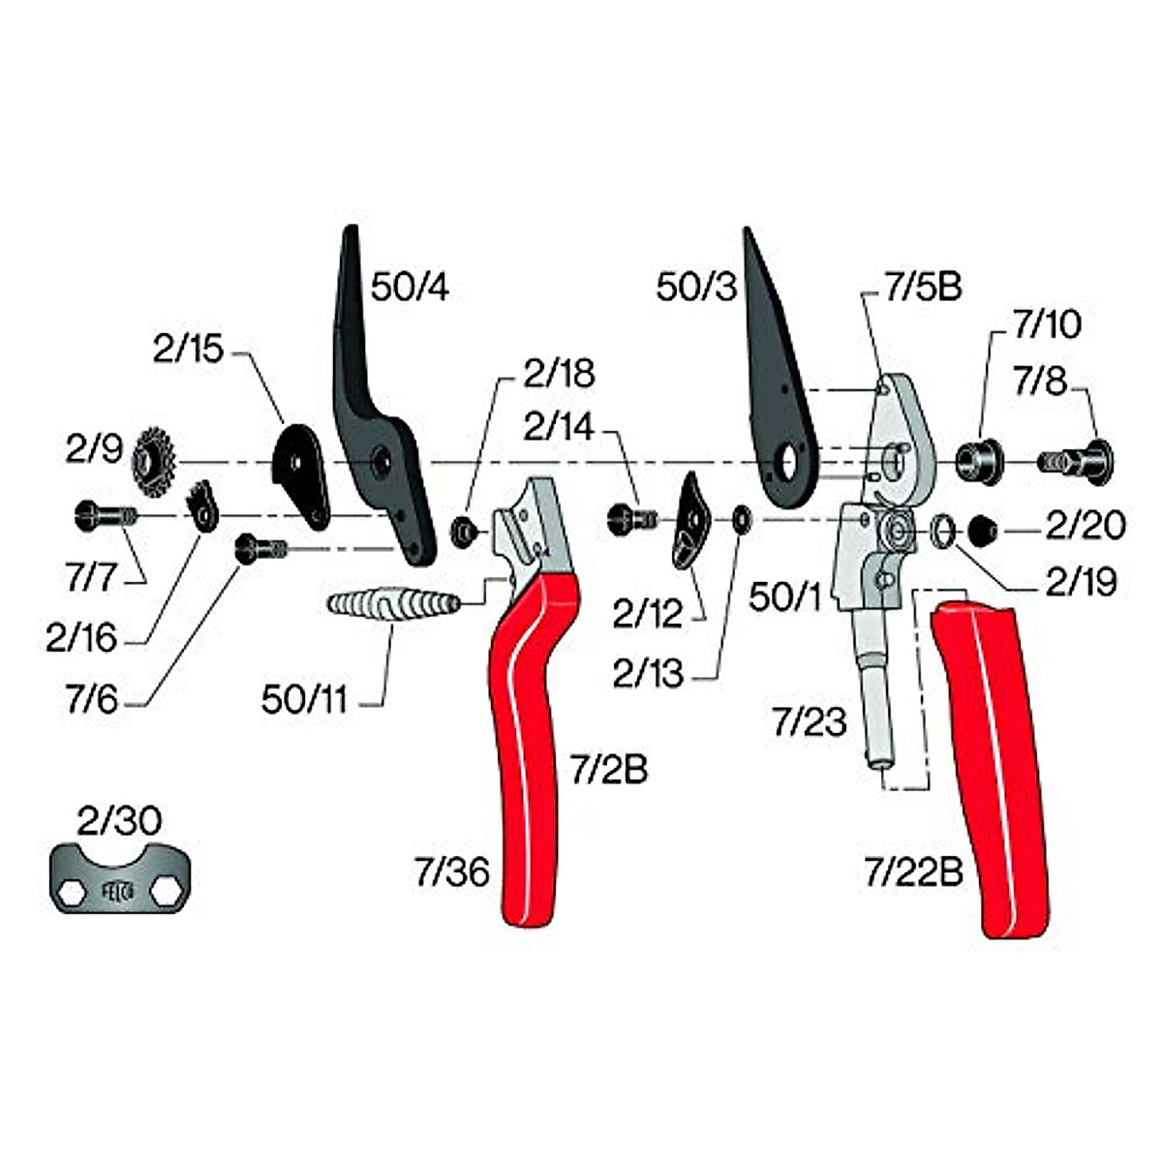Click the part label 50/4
[x=410, y=288]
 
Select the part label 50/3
[x=696, y=287]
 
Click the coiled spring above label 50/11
[x=392, y=604]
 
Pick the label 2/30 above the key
[x=119, y=822]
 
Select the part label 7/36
[x=451, y=873]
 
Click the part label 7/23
[x=809, y=722]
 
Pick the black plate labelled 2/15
[x=300, y=470]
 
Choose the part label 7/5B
[x=922, y=288]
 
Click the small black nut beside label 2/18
[x=466, y=529]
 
